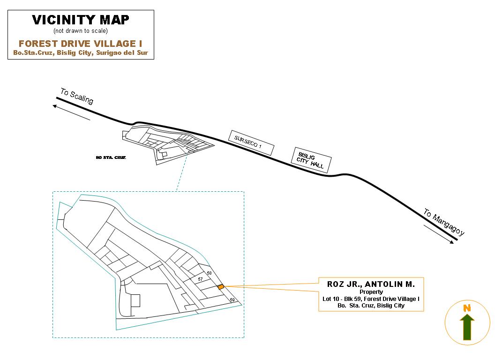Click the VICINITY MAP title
81,20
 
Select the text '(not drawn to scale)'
81,30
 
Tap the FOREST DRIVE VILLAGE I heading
81,43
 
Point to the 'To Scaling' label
77,96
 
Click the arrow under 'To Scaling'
71,112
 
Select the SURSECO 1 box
251,143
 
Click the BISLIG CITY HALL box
311,160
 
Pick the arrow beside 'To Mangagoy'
439,234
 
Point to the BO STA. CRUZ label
111,157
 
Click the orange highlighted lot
221,287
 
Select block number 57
200,279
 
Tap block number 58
209,273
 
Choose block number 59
232,300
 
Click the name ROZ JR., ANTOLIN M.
371,284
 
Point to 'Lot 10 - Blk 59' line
371,299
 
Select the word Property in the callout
371,292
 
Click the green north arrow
467,327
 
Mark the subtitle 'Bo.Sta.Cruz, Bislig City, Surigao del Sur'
81,53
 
